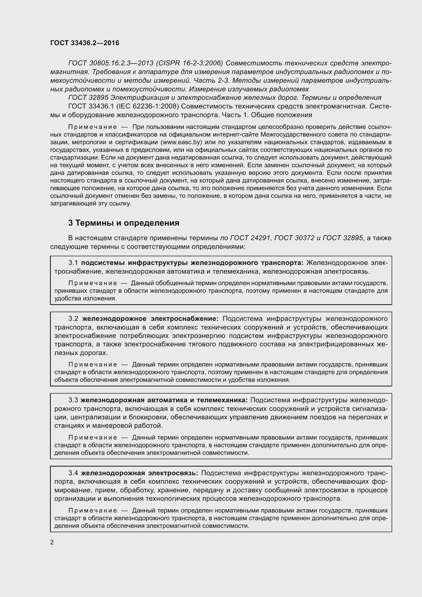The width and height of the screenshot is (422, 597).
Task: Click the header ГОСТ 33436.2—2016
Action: (x=85, y=43)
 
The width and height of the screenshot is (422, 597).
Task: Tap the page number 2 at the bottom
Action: (x=52, y=542)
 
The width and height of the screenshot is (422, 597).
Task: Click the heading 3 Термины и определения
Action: (x=124, y=223)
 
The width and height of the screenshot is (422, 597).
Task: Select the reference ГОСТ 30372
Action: (x=294, y=238)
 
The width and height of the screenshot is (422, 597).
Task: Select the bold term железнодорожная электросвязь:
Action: (x=140, y=473)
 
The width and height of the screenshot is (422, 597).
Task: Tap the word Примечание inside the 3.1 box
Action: (x=93, y=283)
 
